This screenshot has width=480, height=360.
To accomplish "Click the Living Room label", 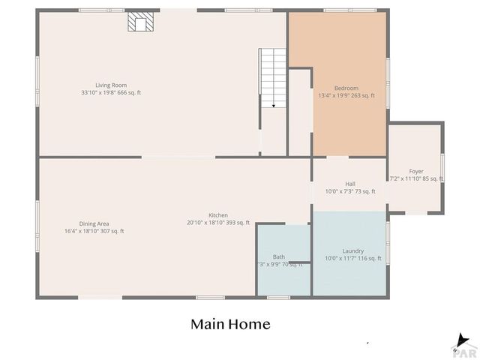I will click(110, 85).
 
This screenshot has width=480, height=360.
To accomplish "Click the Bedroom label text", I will click(346, 88).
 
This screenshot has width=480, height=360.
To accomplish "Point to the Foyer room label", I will click(416, 172).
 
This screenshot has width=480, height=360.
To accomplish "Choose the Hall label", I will click(350, 184).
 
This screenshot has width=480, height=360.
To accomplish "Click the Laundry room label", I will click(353, 250).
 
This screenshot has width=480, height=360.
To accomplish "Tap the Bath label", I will click(279, 256).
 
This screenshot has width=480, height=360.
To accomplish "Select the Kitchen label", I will click(218, 215).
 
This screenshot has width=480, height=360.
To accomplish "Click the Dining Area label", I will click(94, 223).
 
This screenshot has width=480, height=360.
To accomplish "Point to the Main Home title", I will click(229, 325).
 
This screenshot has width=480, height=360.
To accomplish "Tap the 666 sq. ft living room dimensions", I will click(111, 93).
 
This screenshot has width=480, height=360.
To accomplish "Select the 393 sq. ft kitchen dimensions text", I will click(218, 223).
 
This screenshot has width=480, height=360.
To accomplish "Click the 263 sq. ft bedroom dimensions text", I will click(346, 95).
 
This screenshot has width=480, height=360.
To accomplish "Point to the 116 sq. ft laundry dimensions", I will click(353, 258).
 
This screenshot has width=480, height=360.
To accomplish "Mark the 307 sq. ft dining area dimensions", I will click(94, 231).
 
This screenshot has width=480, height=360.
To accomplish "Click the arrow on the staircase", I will click(274, 105).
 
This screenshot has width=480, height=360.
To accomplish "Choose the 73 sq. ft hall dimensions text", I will click(350, 191).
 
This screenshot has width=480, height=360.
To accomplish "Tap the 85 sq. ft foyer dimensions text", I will click(416, 179).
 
